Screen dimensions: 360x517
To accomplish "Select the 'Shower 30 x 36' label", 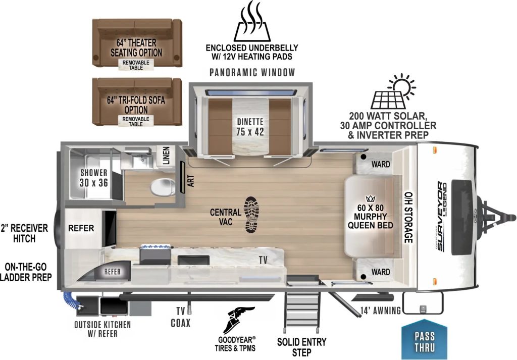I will (x=94, y=177).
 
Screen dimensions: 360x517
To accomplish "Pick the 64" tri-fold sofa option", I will (x=136, y=101).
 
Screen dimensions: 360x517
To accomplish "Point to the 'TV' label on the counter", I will (x=263, y=260).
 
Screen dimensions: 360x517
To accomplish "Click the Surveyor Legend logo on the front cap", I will (x=441, y=217).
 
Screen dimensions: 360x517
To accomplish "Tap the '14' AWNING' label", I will (x=380, y=310).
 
